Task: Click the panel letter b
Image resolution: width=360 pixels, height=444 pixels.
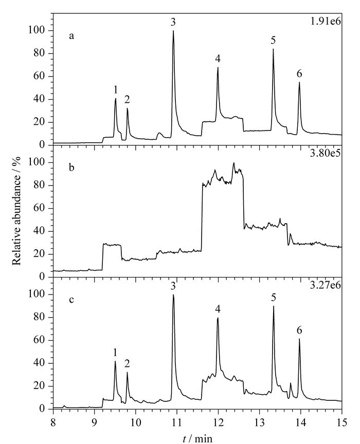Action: pyautogui.click(x=71, y=167)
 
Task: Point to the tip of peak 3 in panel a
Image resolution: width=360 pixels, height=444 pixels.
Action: pyautogui.click(x=173, y=31)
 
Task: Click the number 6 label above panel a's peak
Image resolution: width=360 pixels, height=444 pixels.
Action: pyautogui.click(x=299, y=73)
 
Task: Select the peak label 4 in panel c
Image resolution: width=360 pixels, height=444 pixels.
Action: pyautogui.click(x=218, y=309)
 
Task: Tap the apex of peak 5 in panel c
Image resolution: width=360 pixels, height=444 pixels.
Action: pyautogui.click(x=274, y=306)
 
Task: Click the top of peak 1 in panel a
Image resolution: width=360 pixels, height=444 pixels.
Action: pyautogui.click(x=116, y=99)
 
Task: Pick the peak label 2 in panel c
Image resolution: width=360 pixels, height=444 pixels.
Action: pyautogui.click(x=127, y=364)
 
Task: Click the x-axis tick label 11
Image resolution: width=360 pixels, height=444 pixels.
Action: pyautogui.click(x=177, y=422)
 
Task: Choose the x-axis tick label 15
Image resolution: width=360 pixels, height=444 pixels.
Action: pyautogui.click(x=342, y=422)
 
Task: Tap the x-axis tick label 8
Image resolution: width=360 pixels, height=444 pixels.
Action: pyautogui.click(x=53, y=422)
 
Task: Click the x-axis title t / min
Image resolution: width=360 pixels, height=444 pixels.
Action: pyautogui.click(x=197, y=439)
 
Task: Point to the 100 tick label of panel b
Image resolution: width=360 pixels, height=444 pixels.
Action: pyautogui.click(x=38, y=162)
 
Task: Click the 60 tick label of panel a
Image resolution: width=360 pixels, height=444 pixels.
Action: pyautogui.click(x=41, y=77)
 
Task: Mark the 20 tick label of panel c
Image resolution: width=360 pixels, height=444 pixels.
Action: pyautogui.click(x=41, y=386)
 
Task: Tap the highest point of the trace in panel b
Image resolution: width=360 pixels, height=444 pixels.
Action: pyautogui.click(x=234, y=163)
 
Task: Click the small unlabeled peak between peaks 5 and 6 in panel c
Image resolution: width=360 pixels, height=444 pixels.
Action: pyautogui.click(x=291, y=383)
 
